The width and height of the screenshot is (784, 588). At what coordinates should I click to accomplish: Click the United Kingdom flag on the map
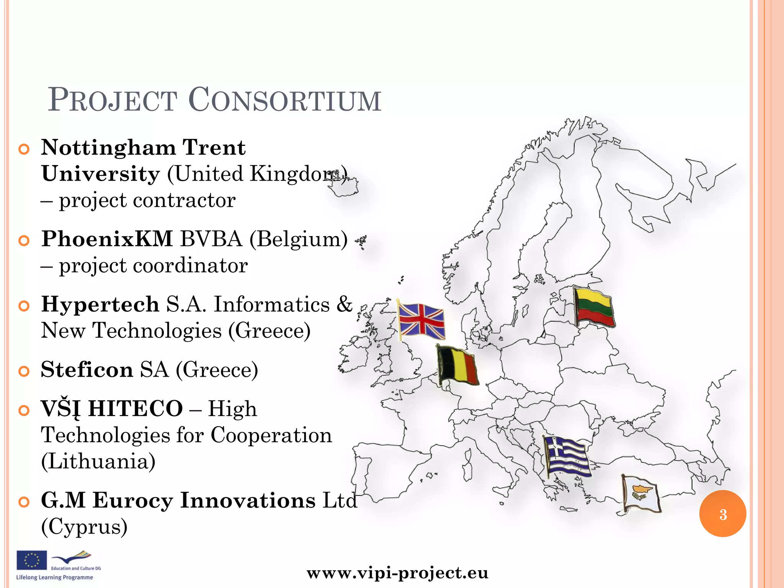[x=421, y=320]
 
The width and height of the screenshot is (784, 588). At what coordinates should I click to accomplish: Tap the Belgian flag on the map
[x=458, y=365]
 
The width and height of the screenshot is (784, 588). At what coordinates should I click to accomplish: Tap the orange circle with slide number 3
[x=722, y=514]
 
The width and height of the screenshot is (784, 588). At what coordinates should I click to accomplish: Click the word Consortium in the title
[x=285, y=100]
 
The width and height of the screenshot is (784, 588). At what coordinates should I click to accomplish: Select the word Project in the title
[x=113, y=100]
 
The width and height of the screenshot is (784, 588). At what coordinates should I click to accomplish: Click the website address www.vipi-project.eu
[x=397, y=573]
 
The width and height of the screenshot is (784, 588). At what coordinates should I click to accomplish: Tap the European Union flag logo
[x=31, y=560]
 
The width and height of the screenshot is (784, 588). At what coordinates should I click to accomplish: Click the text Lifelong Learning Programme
[x=54, y=577]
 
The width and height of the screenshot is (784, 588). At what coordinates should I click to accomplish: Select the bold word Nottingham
[x=108, y=148]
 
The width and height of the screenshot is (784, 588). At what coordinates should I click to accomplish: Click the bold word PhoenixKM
[x=107, y=239]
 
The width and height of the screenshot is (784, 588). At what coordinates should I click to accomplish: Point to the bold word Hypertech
[x=100, y=304]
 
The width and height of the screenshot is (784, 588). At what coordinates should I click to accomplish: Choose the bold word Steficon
[x=87, y=370]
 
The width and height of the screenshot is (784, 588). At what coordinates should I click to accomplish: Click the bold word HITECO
[x=136, y=408]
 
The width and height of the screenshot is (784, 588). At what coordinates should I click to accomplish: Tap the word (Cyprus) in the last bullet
[x=84, y=527]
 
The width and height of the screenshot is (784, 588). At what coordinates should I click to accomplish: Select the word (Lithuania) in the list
[x=98, y=461]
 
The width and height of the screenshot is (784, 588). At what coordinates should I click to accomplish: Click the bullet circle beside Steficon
[x=24, y=371]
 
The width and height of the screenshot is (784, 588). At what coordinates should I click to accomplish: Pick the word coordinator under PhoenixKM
[x=190, y=266]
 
